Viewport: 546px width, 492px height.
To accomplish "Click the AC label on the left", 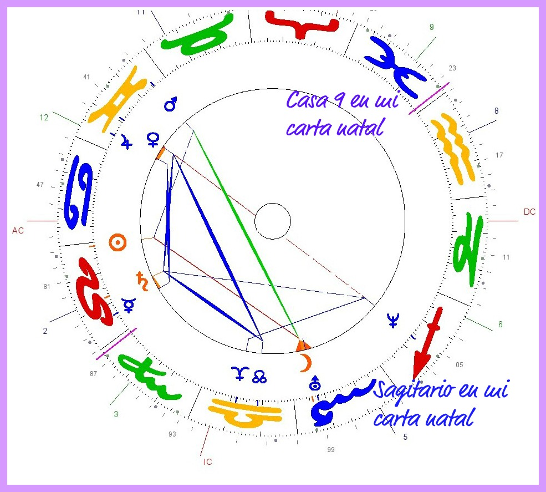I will click(x=18, y=230).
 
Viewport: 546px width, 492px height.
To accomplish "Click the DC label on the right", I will click(x=529, y=212).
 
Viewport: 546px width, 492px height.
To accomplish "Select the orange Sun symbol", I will click(x=117, y=242).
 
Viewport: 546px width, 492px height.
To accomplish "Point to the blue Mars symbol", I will click(x=171, y=104).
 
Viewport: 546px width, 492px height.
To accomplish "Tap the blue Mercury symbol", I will click(x=129, y=305).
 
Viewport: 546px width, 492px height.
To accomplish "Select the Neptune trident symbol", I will click(x=393, y=320).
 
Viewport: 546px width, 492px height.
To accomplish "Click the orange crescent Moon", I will click(x=305, y=363).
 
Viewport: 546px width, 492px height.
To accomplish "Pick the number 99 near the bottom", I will click(x=331, y=450).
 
